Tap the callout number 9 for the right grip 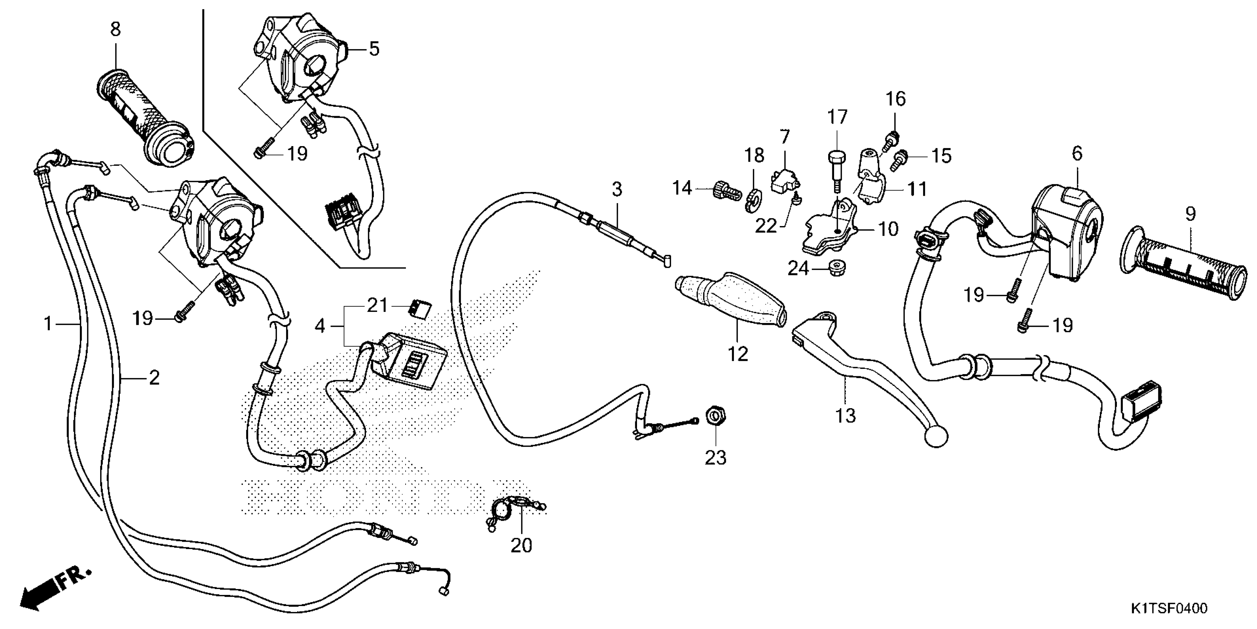coord(1190,214)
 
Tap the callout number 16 coord(896,99)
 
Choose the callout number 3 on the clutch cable coord(617,189)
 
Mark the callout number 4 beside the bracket coord(320,325)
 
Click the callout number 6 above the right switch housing coord(1077,154)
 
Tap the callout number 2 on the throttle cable coord(154,377)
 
